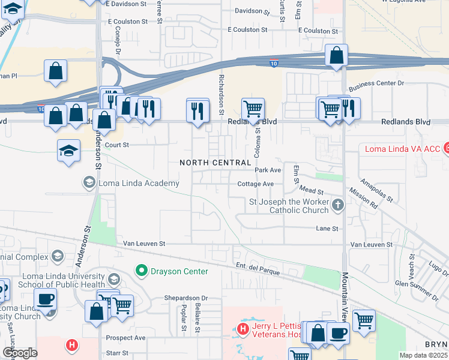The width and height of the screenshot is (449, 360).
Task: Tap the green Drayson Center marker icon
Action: (142, 271)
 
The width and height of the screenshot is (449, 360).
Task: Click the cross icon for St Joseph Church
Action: (337, 205)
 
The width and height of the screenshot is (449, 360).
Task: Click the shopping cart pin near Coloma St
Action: (253, 109)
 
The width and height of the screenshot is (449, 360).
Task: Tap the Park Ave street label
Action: (268, 170)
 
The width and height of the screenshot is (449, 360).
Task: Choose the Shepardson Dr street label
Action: (186, 298)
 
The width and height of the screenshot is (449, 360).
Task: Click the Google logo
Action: (20, 353)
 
